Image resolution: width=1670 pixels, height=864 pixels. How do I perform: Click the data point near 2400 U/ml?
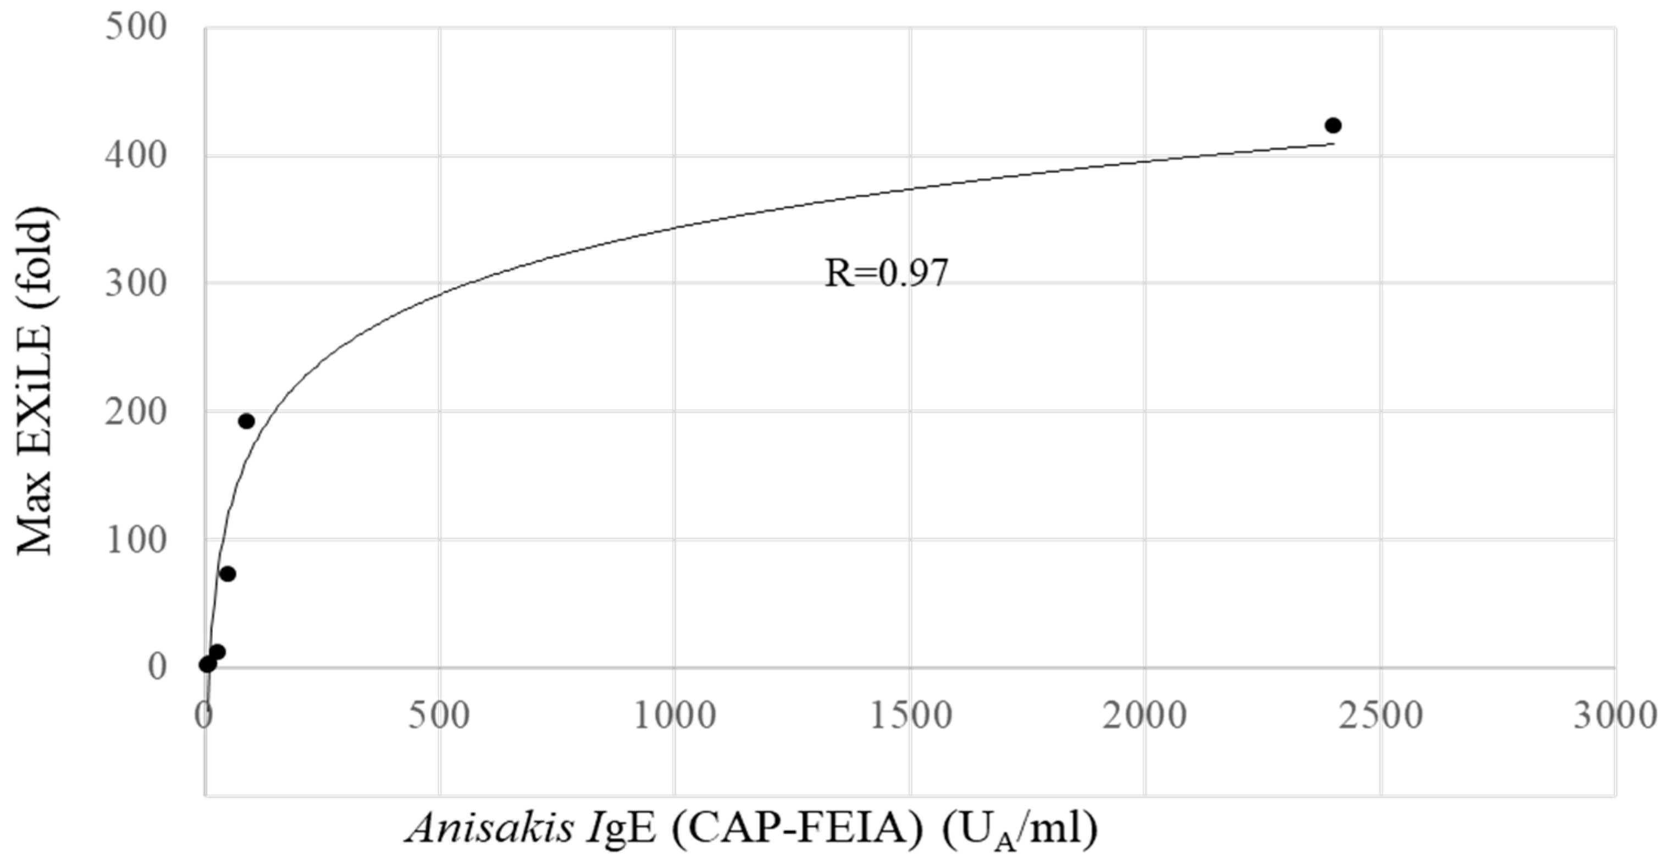pos(1333,125)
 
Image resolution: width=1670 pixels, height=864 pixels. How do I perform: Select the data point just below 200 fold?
pos(246,421)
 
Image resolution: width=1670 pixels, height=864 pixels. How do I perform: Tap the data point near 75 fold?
pos(228,574)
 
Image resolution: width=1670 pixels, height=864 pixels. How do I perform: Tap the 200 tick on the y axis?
pos(135,411)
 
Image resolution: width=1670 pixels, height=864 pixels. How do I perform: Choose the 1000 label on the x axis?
pos(674,717)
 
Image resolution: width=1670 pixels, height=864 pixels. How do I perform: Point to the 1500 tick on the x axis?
pos(910,717)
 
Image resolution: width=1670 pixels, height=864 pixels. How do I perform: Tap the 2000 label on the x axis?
pos(1145,717)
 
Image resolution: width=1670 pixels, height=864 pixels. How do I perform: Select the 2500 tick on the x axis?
pos(1381,717)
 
